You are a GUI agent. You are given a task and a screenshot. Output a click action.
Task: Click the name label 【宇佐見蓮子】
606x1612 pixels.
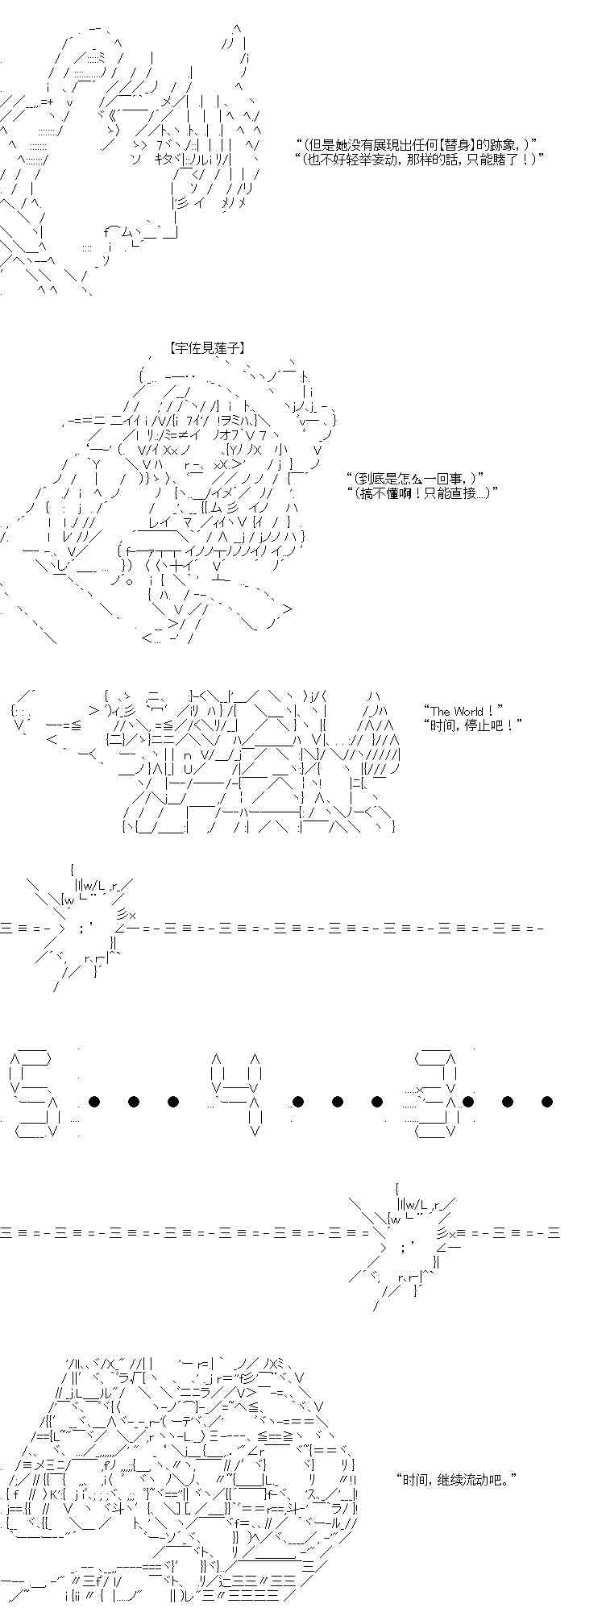pyautogui.click(x=207, y=348)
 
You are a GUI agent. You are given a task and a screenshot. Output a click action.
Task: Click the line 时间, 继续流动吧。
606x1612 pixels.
pyautogui.click(x=456, y=1480)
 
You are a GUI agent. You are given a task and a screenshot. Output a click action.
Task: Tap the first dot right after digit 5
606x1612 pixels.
pyautogui.click(x=94, y=1101)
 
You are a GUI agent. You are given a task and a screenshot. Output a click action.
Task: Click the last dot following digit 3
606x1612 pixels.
pyautogui.click(x=547, y=1101)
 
